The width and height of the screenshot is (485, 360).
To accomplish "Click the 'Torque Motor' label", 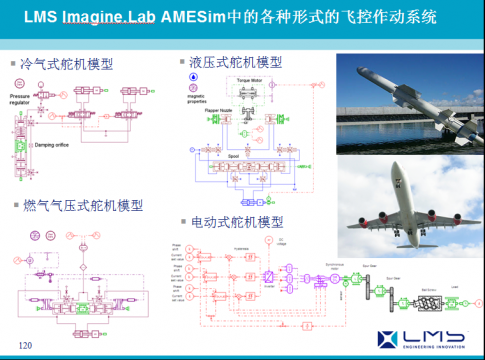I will point(248,75).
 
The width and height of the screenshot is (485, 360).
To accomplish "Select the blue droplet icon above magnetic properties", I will point(194,76).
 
